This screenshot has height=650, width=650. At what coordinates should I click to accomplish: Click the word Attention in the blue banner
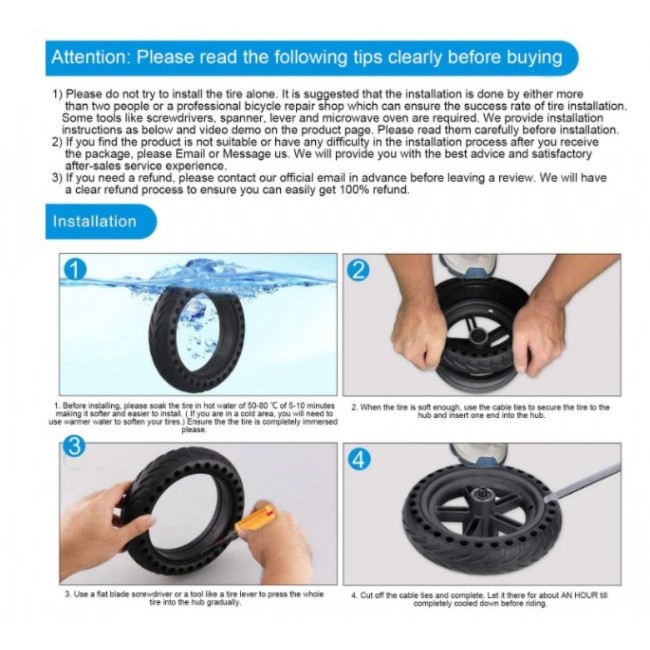[x=90, y=57]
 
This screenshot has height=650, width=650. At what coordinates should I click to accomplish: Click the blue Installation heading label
[x=95, y=221]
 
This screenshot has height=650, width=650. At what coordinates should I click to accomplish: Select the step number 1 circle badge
[x=75, y=270]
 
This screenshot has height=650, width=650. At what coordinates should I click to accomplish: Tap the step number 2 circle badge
[x=358, y=270]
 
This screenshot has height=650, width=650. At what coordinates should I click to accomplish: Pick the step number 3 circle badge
[x=74, y=447]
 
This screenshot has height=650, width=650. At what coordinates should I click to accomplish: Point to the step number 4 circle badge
[x=359, y=459]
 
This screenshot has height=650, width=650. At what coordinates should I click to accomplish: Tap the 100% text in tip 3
[x=355, y=190]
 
